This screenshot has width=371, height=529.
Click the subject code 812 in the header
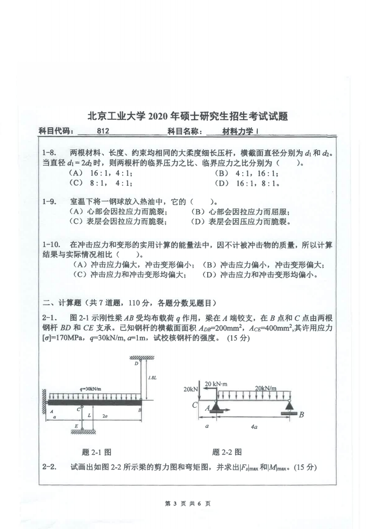tap(103, 132)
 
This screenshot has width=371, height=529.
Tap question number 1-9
tap(50, 202)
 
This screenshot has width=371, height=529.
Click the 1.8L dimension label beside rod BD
tap(152, 378)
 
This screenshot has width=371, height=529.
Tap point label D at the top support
tap(136, 364)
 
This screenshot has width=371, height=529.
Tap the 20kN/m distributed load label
tap(266, 388)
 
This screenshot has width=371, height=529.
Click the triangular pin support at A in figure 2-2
tap(217, 406)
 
